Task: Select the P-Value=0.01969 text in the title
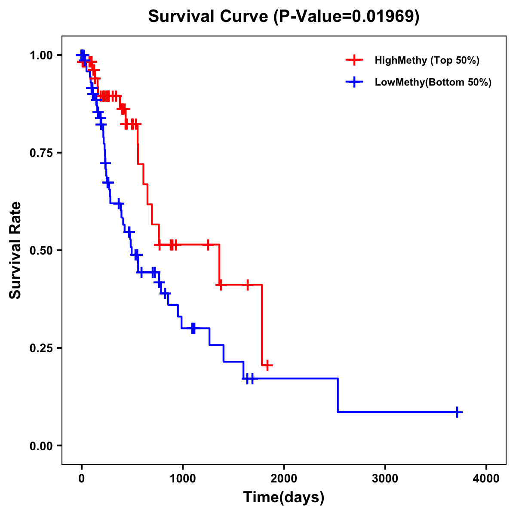(347, 17)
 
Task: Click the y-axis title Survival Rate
(16, 250)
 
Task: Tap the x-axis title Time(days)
(284, 498)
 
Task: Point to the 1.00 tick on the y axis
(41, 55)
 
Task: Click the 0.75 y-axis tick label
(41, 153)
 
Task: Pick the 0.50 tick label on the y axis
(41, 250)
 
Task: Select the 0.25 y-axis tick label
(41, 348)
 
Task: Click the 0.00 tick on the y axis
(41, 445)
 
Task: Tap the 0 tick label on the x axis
(81, 479)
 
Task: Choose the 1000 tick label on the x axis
(182, 479)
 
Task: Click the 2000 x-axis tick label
(284, 479)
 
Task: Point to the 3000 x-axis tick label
(385, 479)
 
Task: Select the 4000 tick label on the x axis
(486, 479)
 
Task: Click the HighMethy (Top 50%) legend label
(427, 60)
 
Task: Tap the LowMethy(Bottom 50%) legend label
(433, 82)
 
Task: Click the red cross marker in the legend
(354, 60)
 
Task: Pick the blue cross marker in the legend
(354, 82)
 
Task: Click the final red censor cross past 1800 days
(267, 365)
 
